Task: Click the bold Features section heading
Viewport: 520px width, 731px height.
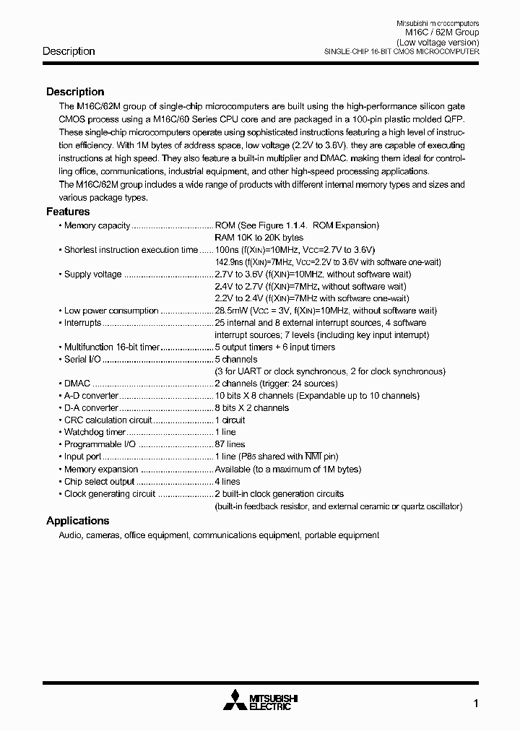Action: tap(68, 212)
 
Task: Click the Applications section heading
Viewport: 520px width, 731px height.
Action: tap(77, 521)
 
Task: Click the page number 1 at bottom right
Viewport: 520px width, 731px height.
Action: tap(476, 703)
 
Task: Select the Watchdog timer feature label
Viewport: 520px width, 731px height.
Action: tap(95, 432)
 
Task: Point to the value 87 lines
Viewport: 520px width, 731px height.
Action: tap(230, 444)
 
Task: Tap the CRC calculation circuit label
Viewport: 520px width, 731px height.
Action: tap(108, 420)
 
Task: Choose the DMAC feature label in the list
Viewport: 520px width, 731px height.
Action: tap(78, 384)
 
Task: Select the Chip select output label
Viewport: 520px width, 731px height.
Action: tap(99, 481)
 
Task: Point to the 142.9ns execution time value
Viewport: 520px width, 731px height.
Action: tap(231, 261)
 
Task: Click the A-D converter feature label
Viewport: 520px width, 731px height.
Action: tap(90, 396)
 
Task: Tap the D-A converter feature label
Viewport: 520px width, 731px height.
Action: tap(90, 408)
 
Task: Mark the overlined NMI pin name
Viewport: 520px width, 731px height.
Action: tap(312, 457)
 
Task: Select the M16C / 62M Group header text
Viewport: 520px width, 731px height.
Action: tap(441, 33)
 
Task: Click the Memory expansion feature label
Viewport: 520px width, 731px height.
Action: tap(100, 469)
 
